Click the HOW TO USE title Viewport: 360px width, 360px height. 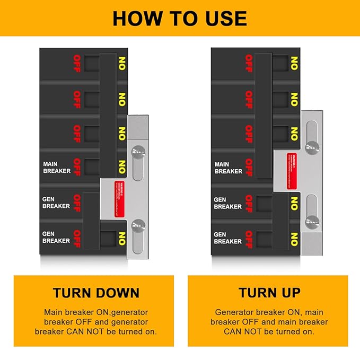pos(180,19)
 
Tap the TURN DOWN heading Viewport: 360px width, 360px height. pos(96,293)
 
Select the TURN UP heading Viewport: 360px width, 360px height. pos(269,293)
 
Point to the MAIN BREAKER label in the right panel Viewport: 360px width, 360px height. pos(229,168)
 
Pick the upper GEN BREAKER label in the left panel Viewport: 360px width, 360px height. pos(56,202)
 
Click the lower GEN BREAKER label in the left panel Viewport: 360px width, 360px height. pos(56,237)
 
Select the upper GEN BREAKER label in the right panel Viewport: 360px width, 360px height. pos(227,203)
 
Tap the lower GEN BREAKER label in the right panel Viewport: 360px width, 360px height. pos(227,238)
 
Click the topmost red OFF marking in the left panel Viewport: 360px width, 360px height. pos(77,64)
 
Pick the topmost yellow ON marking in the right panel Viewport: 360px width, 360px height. pos(294,64)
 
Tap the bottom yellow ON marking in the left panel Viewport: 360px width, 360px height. pos(122,239)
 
